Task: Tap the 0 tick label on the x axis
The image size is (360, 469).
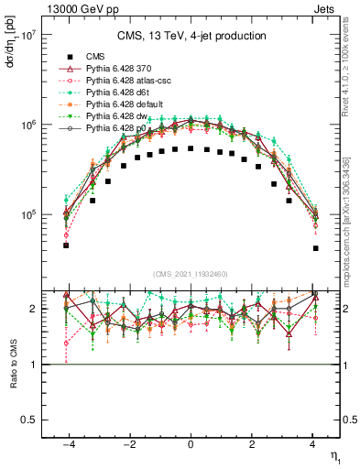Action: coord(191,442)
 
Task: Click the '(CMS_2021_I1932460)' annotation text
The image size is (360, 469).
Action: coord(191,274)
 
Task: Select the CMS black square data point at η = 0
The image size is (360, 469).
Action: coord(191,147)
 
